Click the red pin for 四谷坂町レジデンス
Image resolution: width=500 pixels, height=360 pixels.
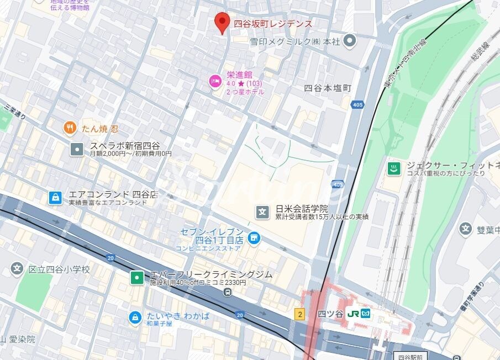pyautogui.click(x=222, y=22)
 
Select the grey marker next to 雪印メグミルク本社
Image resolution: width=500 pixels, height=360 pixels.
pyautogui.click(x=349, y=40)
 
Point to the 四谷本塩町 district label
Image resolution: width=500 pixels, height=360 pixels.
pyautogui.click(x=327, y=88)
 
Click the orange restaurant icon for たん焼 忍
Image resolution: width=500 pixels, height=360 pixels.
pyautogui.click(x=70, y=129)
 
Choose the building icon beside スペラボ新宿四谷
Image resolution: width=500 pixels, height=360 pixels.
pyautogui.click(x=77, y=149)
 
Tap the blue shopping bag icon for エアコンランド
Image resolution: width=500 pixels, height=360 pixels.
pyautogui.click(x=55, y=197)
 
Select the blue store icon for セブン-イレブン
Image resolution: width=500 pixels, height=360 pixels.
pyautogui.click(x=254, y=238)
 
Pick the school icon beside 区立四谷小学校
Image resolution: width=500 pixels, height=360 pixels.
pyautogui.click(x=17, y=269)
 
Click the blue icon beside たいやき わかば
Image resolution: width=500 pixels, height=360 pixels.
pyautogui.click(x=134, y=317)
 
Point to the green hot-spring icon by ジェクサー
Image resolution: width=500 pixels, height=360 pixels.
pyautogui.click(x=394, y=168)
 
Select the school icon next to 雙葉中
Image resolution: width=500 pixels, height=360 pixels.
pyautogui.click(x=465, y=228)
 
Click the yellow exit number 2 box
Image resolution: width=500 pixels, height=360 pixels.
pyautogui.click(x=300, y=314)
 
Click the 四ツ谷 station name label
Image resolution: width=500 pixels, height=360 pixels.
pyautogui.click(x=330, y=314)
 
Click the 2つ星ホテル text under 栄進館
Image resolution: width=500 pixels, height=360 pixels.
pyautogui.click(x=245, y=92)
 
